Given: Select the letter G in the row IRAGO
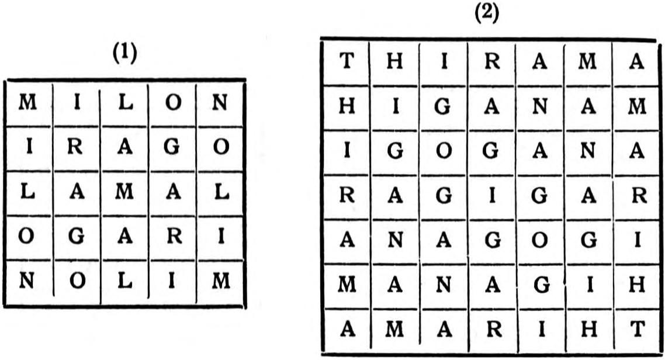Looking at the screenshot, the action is click(172, 147).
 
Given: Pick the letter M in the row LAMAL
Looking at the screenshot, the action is click(124, 192).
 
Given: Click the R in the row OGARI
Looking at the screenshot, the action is click(174, 236).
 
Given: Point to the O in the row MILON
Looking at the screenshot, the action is click(173, 103).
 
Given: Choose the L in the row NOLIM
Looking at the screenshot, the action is click(124, 281).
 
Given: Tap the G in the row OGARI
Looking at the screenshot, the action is click(76, 237).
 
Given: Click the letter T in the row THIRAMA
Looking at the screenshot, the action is click(347, 61).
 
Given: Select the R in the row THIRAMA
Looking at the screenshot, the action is click(493, 61).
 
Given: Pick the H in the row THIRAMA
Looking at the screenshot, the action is click(394, 62).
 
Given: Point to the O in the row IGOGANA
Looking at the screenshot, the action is click(443, 151).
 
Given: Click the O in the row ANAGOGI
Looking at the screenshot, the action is click(539, 240).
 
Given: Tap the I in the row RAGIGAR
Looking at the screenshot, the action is click(491, 196).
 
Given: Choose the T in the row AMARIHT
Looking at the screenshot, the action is click(637, 328).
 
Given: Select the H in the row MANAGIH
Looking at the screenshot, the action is click(637, 285).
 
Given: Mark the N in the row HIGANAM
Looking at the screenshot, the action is click(539, 106).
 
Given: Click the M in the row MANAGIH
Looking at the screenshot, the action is click(347, 285).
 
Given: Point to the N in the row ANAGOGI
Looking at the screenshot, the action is click(395, 240).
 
